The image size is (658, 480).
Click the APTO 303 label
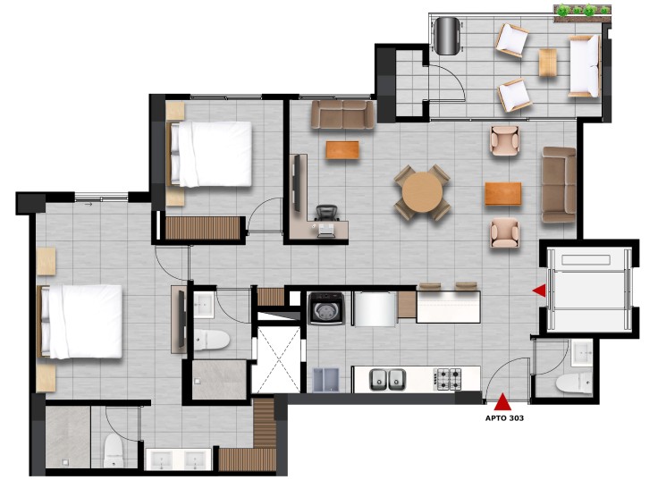point(504,418)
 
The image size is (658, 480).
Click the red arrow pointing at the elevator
point(540,290)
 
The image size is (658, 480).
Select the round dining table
point(422,192)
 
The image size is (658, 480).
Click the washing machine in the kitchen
point(326,308)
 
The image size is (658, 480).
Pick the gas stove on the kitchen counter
point(449,379)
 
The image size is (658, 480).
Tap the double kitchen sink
point(387,379)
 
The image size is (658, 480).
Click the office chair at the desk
point(326,213)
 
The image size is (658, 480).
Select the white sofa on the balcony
point(585,66)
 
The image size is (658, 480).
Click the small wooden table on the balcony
point(548,63)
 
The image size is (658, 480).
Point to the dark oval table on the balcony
point(447,36)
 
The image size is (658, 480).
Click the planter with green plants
point(583,13)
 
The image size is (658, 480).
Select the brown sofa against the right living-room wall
point(559,185)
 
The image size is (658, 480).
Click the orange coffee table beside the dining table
point(503,193)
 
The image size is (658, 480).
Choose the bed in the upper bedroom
point(209,154)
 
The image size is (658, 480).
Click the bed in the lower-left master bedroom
point(80,322)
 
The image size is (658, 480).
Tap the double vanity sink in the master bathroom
point(179,459)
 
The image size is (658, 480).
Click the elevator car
point(589,290)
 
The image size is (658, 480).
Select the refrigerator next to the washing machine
point(375,308)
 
